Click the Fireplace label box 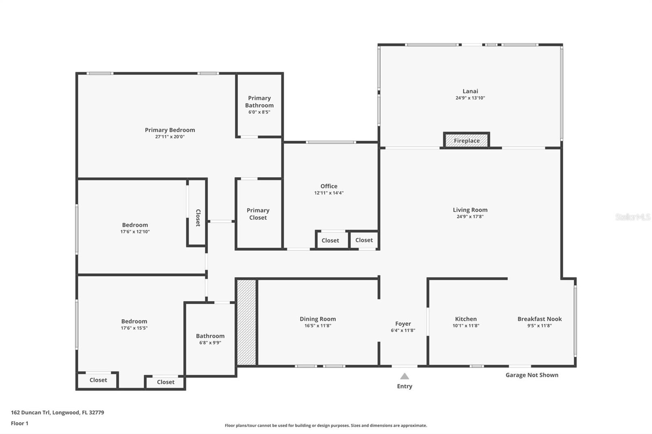467,140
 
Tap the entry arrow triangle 404,376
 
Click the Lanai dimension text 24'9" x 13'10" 470,98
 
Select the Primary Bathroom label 259,102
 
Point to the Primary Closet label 258,214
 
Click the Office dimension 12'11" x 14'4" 328,193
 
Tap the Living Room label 470,210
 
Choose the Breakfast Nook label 539,319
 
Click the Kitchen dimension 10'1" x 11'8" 465,326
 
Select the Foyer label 403,324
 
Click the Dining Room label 317,319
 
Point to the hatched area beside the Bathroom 247,322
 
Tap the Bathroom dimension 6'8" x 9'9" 210,343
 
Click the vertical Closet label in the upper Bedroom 198,218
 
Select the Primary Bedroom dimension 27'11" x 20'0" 170,137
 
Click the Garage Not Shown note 531,375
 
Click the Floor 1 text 20,423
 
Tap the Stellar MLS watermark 632,217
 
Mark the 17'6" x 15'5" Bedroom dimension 134,328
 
